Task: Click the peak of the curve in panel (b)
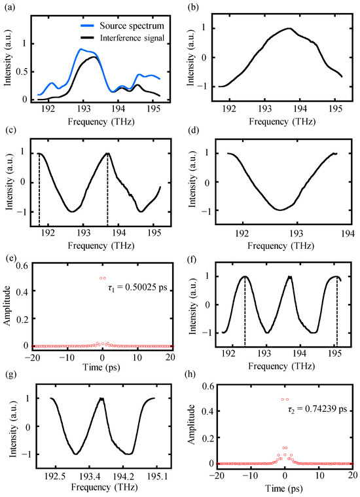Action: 289,28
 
